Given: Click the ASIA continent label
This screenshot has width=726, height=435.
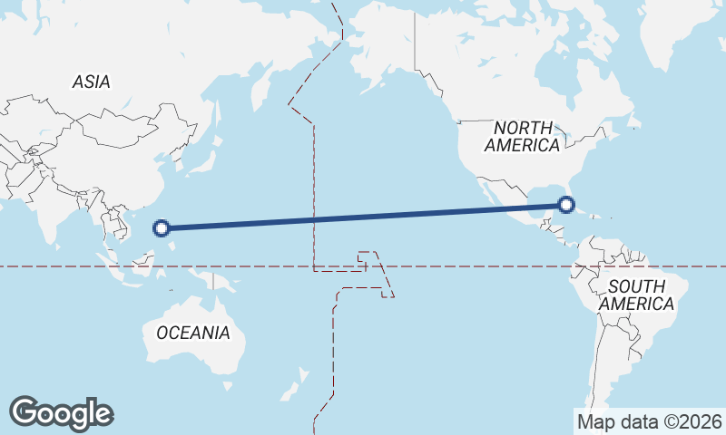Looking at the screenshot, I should click(91, 82).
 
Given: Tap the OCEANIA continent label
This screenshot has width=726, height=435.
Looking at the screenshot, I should click(192, 333).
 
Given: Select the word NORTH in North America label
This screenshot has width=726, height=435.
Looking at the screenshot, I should click(523, 128).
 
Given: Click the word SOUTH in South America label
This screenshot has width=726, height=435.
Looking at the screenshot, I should click(636, 286).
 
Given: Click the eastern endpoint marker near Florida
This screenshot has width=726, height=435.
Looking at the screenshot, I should click(566, 204).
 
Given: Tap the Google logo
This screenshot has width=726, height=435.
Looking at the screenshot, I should click(61, 413).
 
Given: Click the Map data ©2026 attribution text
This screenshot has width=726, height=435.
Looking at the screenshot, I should click(649, 421).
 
